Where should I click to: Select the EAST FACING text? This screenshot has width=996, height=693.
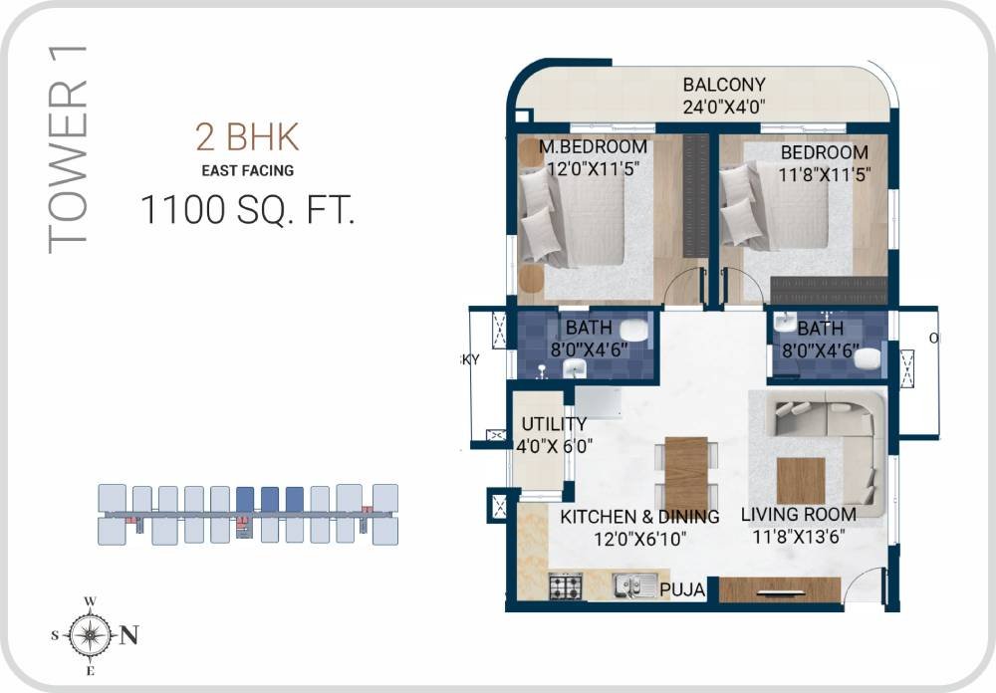246,170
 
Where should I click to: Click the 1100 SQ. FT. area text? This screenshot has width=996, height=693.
247,211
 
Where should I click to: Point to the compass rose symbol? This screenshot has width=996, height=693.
90,633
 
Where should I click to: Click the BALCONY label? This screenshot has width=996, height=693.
724,85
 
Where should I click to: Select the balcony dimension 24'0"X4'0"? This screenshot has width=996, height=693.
724,108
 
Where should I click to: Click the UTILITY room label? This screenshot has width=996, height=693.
554,424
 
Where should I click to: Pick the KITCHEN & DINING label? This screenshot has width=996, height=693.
639,517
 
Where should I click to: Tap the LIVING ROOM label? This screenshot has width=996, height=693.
799,515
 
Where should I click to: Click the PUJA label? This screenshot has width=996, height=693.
683,590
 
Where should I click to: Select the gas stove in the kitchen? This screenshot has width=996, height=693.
566,586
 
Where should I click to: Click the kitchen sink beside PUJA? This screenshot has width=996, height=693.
633,586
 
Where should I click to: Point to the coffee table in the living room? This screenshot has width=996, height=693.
801,480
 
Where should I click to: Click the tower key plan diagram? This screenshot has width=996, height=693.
248,514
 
